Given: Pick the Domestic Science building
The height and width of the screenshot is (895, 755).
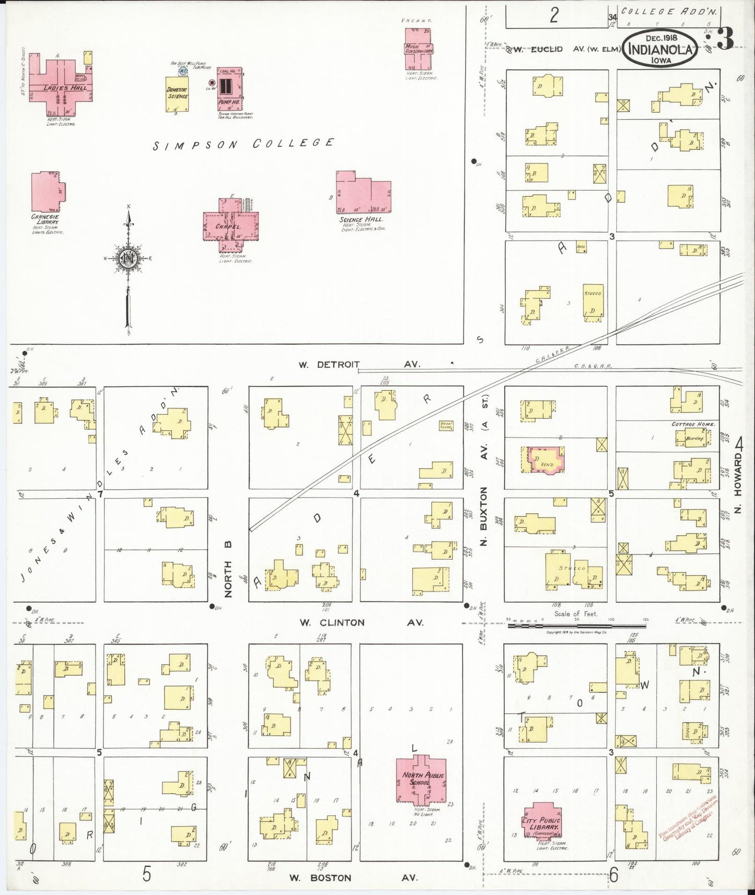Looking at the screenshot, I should pos(177,94).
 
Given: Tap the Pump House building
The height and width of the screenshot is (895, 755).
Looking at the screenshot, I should pos(229,89).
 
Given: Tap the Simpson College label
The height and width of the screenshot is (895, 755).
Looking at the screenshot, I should pos(243,144).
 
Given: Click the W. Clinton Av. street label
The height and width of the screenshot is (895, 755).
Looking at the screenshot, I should pos(361,622).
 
